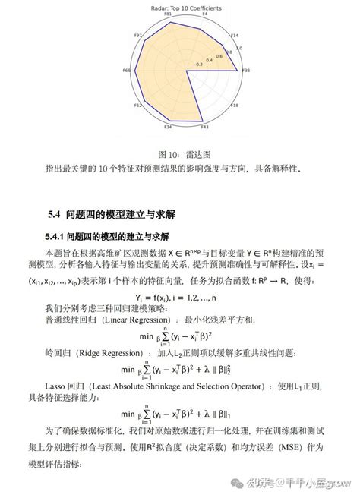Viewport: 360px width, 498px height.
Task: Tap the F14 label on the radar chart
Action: click(x=235, y=36)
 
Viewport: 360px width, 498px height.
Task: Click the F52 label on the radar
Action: click(x=138, y=105)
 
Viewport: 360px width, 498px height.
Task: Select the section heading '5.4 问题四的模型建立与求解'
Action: click(x=115, y=214)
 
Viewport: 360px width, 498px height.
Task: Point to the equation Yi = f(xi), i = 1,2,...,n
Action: click(x=181, y=297)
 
